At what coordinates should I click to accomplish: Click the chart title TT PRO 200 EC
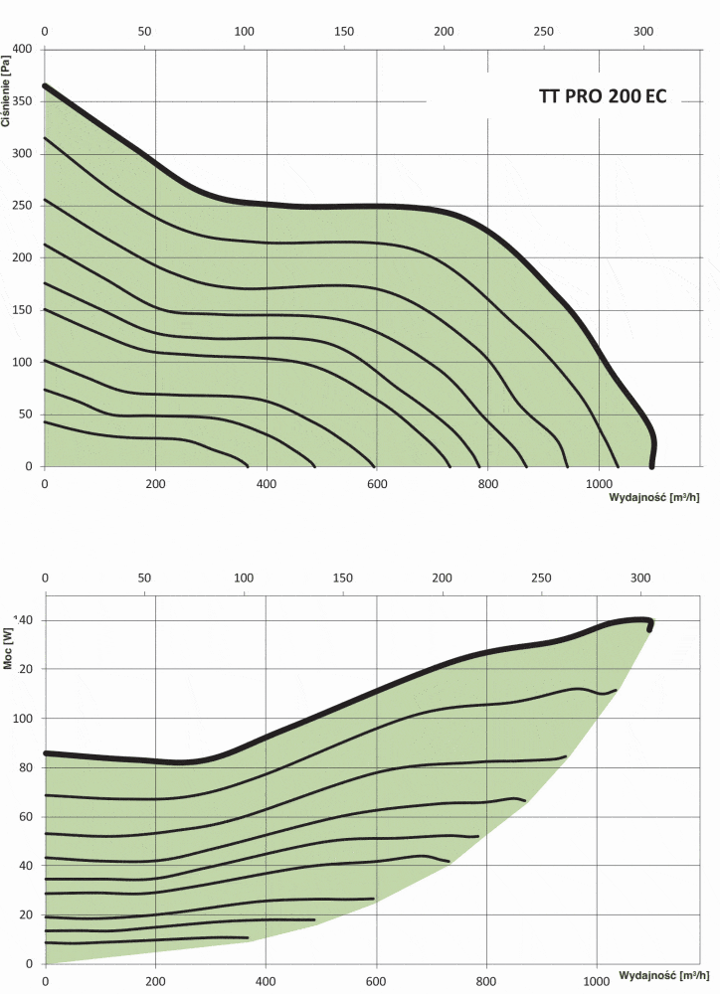602,98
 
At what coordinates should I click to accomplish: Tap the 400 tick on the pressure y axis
22,49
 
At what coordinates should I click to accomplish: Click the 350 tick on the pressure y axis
22,101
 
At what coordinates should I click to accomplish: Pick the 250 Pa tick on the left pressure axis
22,206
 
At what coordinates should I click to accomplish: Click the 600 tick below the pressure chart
376,484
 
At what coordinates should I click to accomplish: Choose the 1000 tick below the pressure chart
597,484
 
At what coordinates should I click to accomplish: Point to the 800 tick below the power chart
486,981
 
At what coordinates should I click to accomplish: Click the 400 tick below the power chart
266,981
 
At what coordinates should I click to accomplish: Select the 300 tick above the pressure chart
643,32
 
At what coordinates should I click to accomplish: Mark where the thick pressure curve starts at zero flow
46,85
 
